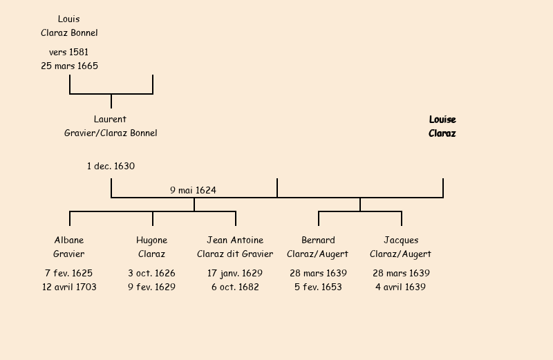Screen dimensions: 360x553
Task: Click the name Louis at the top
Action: pos(68,19)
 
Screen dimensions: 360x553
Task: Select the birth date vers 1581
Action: pos(68,53)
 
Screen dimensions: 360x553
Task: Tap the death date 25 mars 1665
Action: pos(69,66)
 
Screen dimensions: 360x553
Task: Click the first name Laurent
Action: pos(110,120)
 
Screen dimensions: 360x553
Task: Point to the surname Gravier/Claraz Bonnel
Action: pos(111,133)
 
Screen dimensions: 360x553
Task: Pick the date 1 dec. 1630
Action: pos(111,167)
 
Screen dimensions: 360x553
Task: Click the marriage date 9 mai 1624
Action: pos(194,190)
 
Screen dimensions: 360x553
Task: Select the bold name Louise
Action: pos(442,120)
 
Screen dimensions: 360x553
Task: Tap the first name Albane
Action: pos(69,240)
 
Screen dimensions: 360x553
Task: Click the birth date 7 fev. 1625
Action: pos(69,274)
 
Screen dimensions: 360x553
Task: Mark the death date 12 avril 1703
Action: pos(69,287)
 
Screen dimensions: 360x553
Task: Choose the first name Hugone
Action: pos(151,240)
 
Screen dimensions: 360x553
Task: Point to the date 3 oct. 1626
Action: pos(151,274)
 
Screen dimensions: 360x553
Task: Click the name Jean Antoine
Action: pos(235,240)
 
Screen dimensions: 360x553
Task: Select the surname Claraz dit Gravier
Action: pos(235,254)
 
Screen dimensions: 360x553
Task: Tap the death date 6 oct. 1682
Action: pos(235,287)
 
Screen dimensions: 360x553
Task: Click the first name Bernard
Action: pos(318,240)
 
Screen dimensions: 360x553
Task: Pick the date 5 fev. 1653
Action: pos(318,287)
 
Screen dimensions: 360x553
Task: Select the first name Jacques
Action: pos(401,240)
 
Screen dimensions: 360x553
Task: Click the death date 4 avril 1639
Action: pos(401,287)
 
